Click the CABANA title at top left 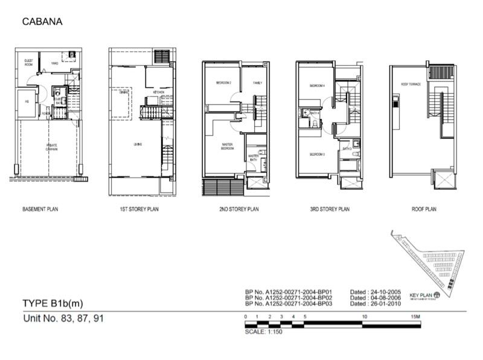point(42,22)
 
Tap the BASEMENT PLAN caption point(40,210)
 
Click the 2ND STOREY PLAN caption point(238,210)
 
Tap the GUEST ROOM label point(28,63)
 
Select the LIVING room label point(138,144)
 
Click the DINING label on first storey point(123,92)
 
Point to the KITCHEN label point(158,92)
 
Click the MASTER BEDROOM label point(227,147)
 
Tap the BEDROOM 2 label point(216,83)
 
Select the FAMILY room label point(257,83)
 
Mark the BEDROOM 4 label point(317,86)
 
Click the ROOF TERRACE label point(410,85)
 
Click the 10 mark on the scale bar point(364,317)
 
